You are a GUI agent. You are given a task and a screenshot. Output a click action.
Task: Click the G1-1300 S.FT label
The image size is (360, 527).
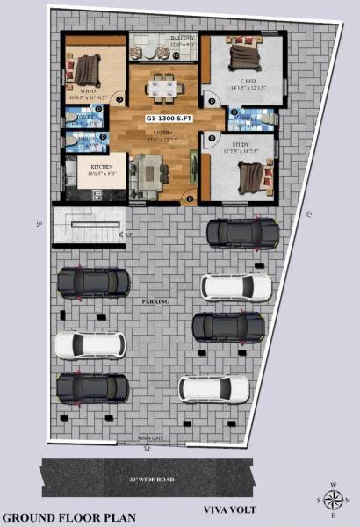click(169, 117)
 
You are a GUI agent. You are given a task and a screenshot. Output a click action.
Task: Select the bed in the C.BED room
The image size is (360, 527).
click(242, 57)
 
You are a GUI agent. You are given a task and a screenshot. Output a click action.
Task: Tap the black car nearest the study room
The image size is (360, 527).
click(241, 233)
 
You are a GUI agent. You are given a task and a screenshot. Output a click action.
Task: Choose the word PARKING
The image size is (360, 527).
click(155, 301)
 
